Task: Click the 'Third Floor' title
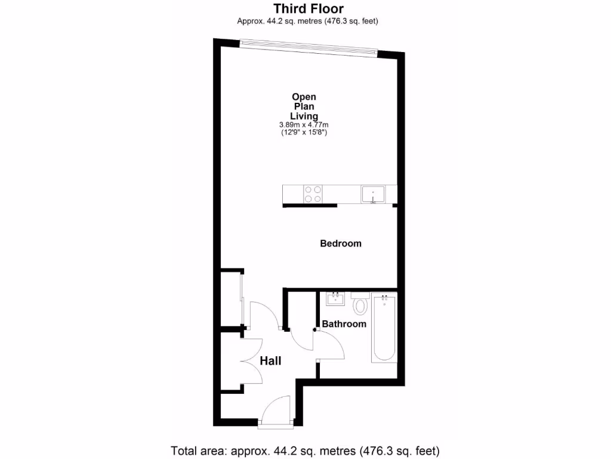click(x=308, y=9)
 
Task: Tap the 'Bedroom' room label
click(x=341, y=243)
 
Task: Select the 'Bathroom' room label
click(x=344, y=324)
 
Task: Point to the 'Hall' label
click(x=270, y=361)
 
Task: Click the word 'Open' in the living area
click(x=304, y=97)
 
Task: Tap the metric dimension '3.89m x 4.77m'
click(x=304, y=125)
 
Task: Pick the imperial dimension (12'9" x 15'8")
click(x=304, y=133)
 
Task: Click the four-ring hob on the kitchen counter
click(x=313, y=194)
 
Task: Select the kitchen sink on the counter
click(x=373, y=194)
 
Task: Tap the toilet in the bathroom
click(x=360, y=305)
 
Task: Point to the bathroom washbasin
click(x=335, y=298)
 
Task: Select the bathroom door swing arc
click(x=328, y=345)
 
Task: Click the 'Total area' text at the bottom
click(x=305, y=450)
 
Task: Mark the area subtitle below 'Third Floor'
click(x=308, y=22)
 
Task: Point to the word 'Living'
click(x=304, y=116)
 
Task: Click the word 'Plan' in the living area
click(x=304, y=106)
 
